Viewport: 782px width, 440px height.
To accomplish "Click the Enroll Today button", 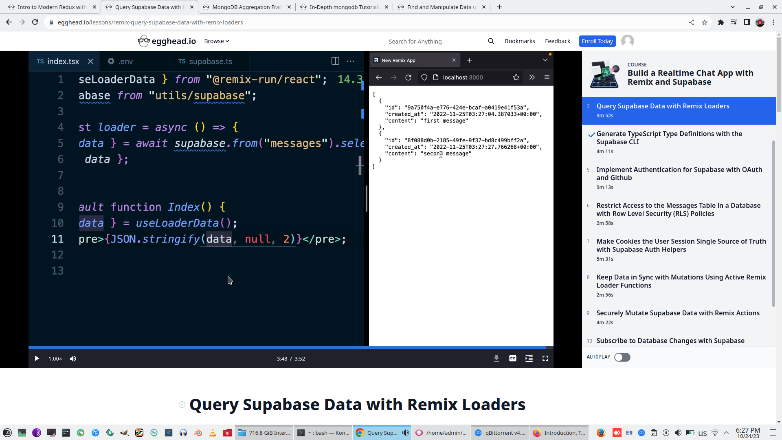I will [x=597, y=41].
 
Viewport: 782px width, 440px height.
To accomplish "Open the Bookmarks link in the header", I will [x=520, y=41].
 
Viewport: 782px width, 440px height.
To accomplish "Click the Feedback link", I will [x=557, y=41].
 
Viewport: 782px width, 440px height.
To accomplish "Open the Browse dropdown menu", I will [x=216, y=41].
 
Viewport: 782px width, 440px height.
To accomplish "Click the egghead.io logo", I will [x=167, y=41].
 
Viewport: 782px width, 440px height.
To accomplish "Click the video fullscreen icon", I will [x=545, y=359].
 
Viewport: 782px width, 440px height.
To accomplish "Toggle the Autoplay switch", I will [x=622, y=357].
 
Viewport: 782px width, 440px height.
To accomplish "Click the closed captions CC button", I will [x=512, y=359].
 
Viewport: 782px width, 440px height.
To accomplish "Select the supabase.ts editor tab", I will [x=210, y=62].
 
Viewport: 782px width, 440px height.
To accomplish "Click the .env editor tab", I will [x=125, y=62].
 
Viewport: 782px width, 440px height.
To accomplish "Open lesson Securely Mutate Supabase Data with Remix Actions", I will [x=678, y=313].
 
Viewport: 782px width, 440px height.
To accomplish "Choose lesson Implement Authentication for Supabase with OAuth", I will [x=679, y=174].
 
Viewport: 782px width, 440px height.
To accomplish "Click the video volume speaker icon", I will [x=73, y=359].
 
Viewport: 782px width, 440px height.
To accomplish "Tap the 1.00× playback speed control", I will [x=55, y=359].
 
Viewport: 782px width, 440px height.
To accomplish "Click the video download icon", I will [x=496, y=359].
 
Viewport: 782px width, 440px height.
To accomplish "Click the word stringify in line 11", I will [x=171, y=239].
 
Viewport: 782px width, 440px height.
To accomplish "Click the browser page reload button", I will [x=35, y=22].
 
